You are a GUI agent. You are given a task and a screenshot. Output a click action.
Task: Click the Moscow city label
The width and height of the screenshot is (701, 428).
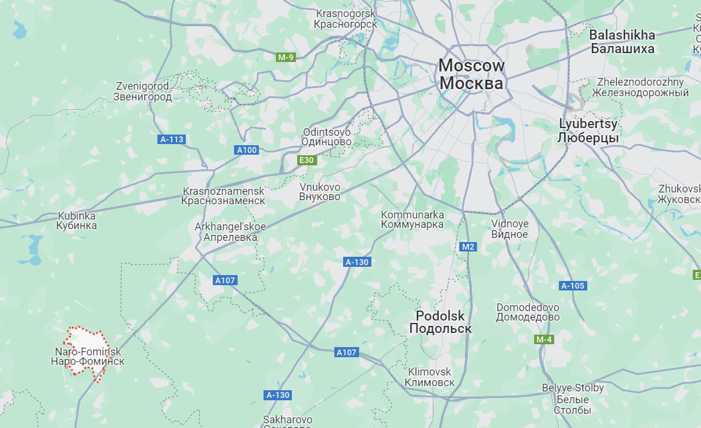pyautogui.click(x=471, y=74)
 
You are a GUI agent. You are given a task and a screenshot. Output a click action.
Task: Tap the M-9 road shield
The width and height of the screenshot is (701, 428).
pyautogui.click(x=286, y=57)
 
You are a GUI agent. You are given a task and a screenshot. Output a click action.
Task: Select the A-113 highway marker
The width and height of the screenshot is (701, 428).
pyautogui.click(x=172, y=140)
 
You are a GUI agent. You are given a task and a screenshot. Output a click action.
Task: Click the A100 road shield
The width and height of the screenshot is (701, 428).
pyautogui.click(x=246, y=150)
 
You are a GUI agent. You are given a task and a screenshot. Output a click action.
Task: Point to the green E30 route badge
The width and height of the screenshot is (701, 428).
pyautogui.click(x=307, y=160)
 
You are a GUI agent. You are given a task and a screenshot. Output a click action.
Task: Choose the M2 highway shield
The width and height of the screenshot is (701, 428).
pyautogui.click(x=468, y=247)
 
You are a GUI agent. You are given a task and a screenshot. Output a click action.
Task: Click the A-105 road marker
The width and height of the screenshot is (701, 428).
pyautogui.click(x=572, y=286)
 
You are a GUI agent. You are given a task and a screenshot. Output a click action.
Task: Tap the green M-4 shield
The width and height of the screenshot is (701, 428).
pyautogui.click(x=544, y=339)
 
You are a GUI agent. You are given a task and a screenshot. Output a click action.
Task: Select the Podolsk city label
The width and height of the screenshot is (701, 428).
pyautogui.click(x=440, y=322)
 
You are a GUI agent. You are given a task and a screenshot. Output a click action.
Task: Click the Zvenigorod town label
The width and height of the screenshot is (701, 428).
pyautogui.click(x=143, y=92)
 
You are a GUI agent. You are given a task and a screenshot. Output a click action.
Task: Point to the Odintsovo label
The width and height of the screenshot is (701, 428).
pyautogui.click(x=327, y=137)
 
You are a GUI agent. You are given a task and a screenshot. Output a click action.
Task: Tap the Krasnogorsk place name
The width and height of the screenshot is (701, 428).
pyautogui.click(x=345, y=19)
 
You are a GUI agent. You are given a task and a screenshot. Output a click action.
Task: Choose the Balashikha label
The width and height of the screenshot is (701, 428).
pyautogui.click(x=622, y=42)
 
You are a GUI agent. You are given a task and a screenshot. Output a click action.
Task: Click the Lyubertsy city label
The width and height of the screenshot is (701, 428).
pyautogui.click(x=588, y=131)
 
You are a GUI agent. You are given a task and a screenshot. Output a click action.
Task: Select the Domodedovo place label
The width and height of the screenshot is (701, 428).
pyautogui.click(x=528, y=312)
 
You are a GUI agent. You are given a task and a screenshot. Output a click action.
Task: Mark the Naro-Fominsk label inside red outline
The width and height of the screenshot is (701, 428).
pyautogui.click(x=87, y=357)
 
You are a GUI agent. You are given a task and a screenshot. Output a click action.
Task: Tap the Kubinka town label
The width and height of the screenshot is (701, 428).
pyautogui.click(x=77, y=221)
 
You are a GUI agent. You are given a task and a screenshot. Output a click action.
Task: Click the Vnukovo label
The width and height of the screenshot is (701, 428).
pyautogui.click(x=320, y=192)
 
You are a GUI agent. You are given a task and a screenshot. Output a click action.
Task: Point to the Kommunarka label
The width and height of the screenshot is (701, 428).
pyautogui.click(x=413, y=220)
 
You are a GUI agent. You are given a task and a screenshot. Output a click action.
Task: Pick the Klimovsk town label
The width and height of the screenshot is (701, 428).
pyautogui.click(x=430, y=377)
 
